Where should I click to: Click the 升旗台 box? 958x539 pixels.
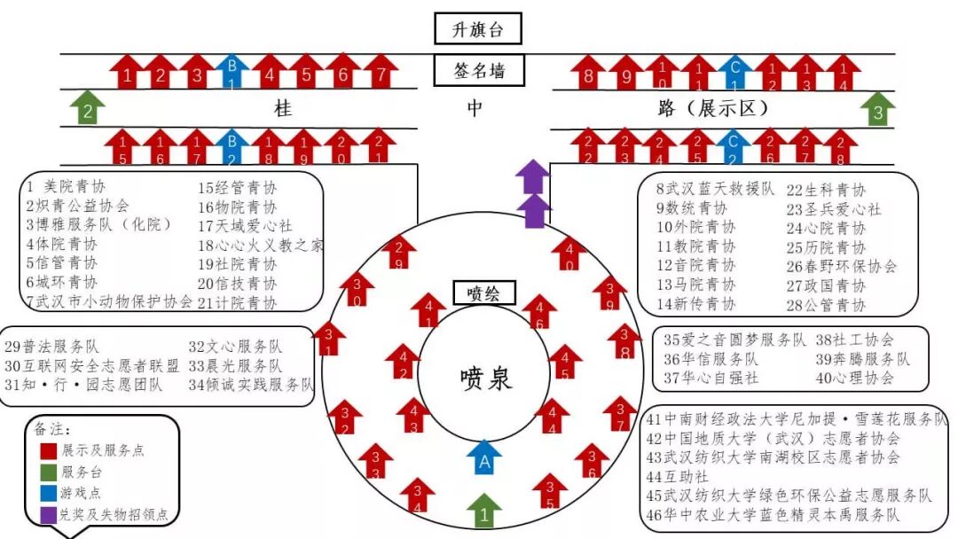pos(477,28)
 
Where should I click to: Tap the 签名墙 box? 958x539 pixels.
pos(477,71)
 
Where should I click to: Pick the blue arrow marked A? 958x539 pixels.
pos(484,458)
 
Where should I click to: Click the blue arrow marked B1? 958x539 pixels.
pos(232,71)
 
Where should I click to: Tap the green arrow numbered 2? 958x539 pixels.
pos(87,108)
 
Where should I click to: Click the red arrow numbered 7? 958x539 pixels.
pos(381,71)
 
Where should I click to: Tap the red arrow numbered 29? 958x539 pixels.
pos(399,253)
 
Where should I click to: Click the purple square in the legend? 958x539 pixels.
pos(49,513)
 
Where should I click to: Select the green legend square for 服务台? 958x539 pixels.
pos(49,473)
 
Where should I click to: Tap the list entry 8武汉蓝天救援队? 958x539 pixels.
pos(716,189)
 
